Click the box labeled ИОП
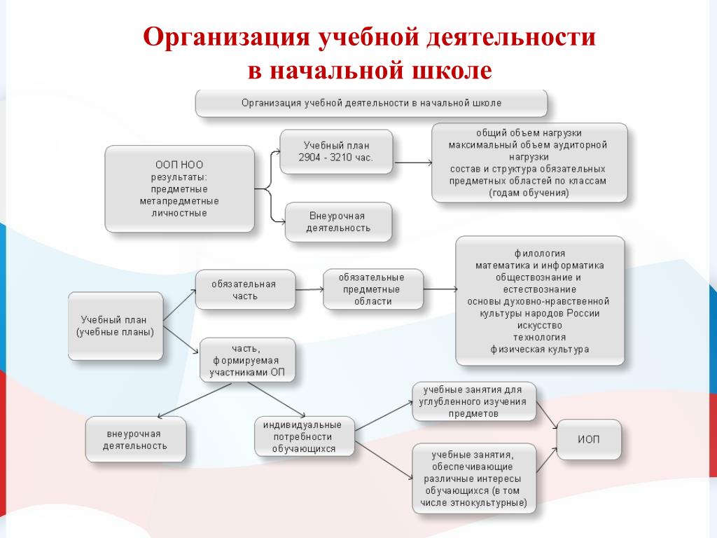[589, 439]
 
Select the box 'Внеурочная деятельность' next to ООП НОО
[338, 222]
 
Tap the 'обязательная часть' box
[245, 289]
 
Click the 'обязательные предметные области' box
[373, 289]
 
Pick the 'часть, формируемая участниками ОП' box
[247, 360]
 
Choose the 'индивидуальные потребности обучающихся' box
[304, 436]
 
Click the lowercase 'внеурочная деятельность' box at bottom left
[135, 439]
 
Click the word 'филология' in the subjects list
[540, 254]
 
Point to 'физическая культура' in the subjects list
[540, 350]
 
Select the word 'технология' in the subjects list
[540, 337]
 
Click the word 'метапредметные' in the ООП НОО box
[179, 201]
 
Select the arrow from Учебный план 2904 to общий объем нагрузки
[412, 163]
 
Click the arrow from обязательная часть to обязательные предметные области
[309, 289]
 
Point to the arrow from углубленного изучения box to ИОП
[546, 415]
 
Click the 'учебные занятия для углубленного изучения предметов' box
[474, 401]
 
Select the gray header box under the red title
[371, 103]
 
